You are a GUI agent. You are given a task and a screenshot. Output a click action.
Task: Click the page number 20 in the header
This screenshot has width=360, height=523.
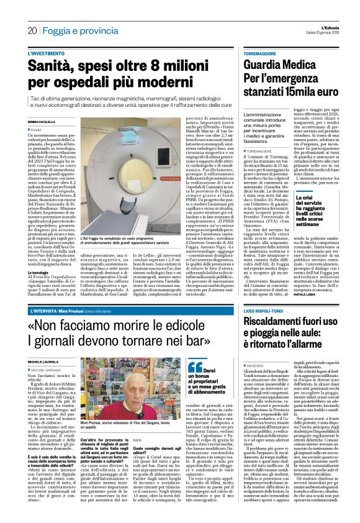point(31,30)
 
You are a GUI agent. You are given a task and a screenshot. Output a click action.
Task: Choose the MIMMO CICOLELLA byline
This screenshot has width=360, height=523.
point(43,121)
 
